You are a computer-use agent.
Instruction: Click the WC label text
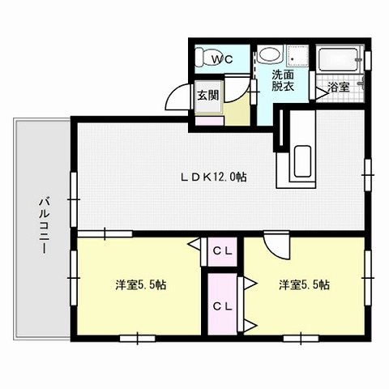coord(221,59)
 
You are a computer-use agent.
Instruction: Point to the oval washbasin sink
coord(268,58)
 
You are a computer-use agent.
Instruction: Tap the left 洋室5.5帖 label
coord(141,284)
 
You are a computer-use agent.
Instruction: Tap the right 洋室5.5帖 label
coord(305,284)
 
